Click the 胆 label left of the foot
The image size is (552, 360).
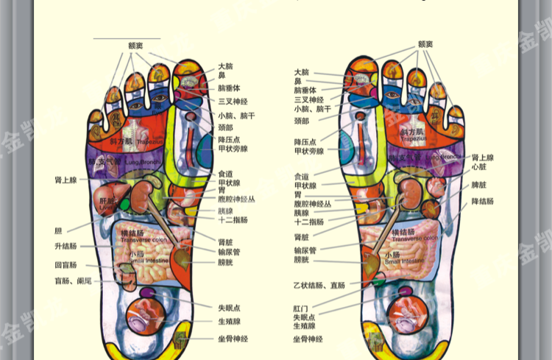[x=58, y=230]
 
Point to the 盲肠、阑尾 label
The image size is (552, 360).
[x=73, y=281]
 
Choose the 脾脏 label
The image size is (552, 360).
[x=479, y=185]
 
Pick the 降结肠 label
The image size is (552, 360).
[x=483, y=201]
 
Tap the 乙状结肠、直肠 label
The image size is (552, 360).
[x=319, y=285]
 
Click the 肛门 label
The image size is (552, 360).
[x=302, y=306]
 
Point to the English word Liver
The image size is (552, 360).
[x=107, y=207]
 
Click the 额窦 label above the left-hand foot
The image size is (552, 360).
[x=135, y=45]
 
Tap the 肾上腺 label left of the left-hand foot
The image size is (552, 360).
[x=66, y=179]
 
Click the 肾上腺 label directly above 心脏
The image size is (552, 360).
[x=483, y=158]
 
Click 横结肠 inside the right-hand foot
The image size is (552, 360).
[x=407, y=232]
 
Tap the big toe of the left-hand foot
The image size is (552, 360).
[x=190, y=81]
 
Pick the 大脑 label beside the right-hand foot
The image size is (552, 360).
[x=302, y=73]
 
